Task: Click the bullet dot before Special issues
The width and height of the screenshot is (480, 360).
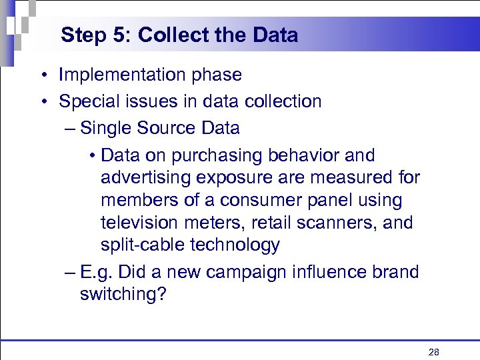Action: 43,101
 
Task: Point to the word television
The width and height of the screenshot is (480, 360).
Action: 141,223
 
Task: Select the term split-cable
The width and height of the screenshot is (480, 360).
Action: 142,245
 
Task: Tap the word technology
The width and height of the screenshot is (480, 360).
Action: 234,245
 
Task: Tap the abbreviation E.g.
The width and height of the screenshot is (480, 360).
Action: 92,272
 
